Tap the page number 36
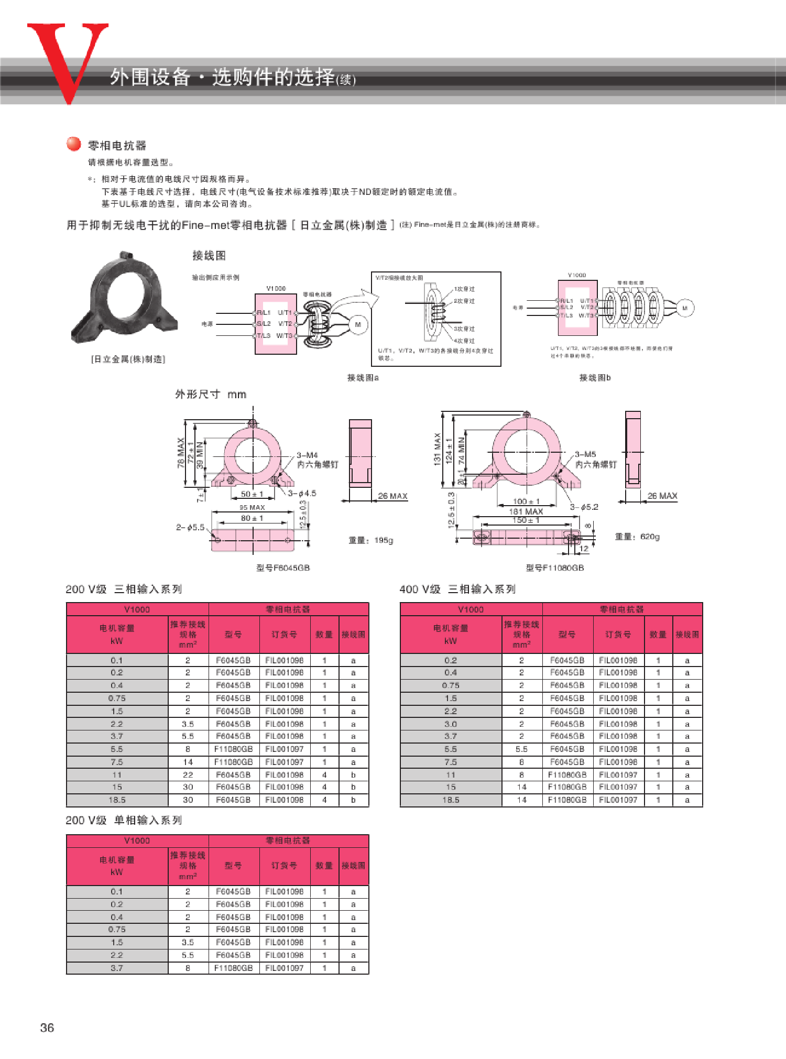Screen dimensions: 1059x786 tap(47, 1028)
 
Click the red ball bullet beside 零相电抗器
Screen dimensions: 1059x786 tap(73, 144)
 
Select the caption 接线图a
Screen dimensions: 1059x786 tap(363, 377)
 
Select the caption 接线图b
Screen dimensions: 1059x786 tap(594, 377)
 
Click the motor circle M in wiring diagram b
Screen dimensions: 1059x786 tap(684, 308)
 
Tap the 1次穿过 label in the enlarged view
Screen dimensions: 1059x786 tap(464, 289)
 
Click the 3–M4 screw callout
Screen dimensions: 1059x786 tap(307, 455)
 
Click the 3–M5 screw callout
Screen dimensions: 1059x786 tap(585, 454)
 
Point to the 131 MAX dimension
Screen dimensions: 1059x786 tap(437, 449)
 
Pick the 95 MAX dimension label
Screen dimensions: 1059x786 tap(252, 507)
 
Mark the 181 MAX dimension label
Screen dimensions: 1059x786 tap(526, 511)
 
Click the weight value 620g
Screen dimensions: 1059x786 tap(650, 537)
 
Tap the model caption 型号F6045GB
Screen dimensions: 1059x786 tap(283, 567)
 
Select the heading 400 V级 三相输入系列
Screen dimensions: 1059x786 tap(457, 589)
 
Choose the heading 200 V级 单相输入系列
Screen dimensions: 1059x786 tap(124, 820)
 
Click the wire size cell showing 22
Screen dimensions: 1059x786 tap(188, 774)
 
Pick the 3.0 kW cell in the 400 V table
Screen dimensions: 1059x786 tap(450, 724)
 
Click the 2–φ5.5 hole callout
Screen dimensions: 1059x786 tap(190, 527)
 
